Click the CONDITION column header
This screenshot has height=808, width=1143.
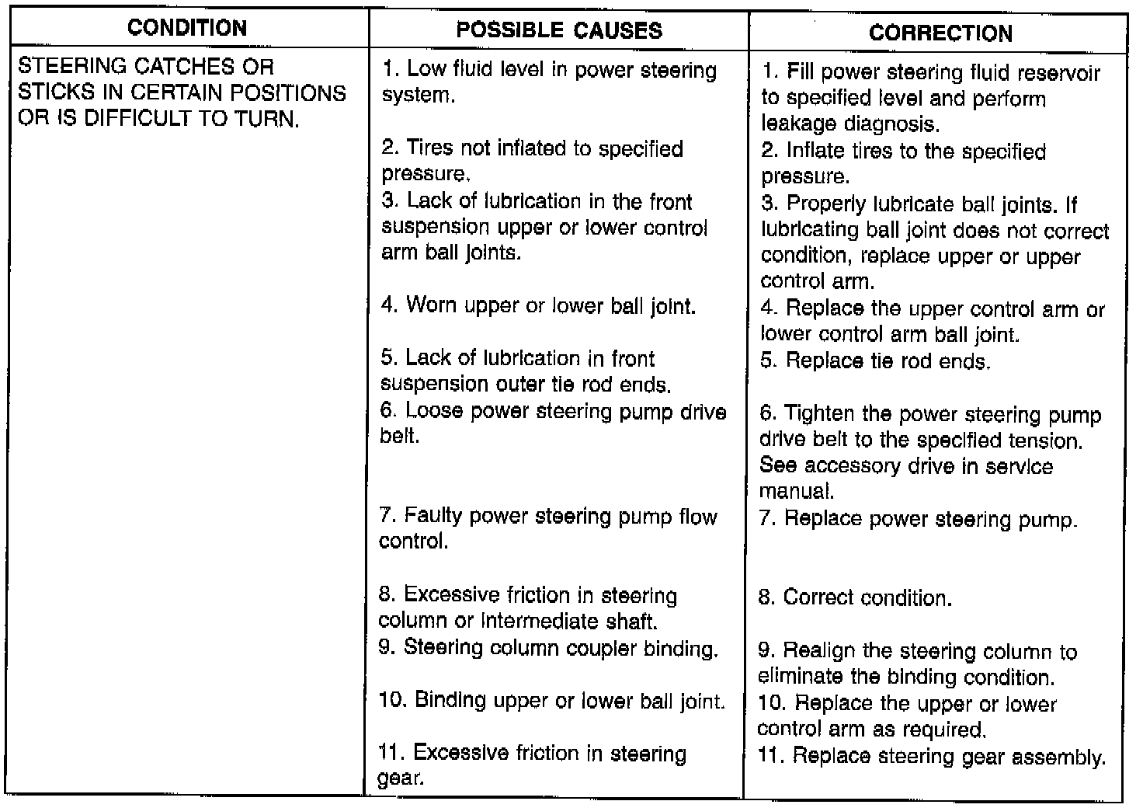(x=187, y=28)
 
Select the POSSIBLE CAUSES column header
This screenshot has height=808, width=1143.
(x=559, y=30)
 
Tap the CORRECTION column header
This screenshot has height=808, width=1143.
(x=940, y=33)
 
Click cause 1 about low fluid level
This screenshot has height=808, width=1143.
(x=549, y=82)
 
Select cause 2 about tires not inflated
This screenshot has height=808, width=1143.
(x=532, y=160)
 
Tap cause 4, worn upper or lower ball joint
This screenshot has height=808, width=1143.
(x=538, y=305)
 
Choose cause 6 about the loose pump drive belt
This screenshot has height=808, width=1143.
(x=553, y=423)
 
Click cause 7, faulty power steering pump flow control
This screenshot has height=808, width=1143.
(x=547, y=528)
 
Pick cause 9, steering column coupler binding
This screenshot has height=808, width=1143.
(x=548, y=648)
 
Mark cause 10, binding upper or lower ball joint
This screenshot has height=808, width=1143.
(x=551, y=701)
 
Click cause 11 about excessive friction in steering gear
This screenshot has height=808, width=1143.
(x=532, y=765)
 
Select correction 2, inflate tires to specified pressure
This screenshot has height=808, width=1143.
(x=903, y=163)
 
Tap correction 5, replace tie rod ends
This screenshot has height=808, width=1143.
(x=875, y=361)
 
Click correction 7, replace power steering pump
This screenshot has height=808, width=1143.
(x=918, y=519)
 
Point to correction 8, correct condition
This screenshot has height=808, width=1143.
(x=855, y=597)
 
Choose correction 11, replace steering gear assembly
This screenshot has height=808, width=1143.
(x=932, y=757)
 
